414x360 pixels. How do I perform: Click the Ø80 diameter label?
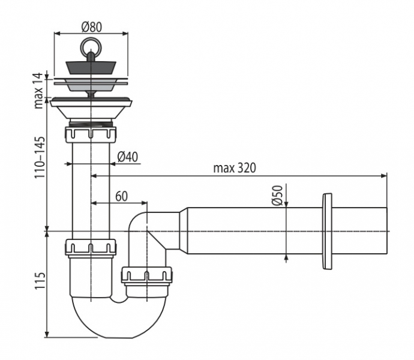tap(91, 27)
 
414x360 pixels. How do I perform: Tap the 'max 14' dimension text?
tap(38, 91)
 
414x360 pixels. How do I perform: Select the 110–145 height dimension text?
tap(40, 157)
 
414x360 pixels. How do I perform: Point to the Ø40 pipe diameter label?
tap(128, 157)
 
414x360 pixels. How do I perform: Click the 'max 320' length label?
tap(235, 168)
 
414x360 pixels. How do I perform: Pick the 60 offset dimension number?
tap(121, 196)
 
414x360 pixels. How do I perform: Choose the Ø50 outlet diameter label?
tap(277, 196)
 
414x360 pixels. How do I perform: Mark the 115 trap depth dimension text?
tap(40, 280)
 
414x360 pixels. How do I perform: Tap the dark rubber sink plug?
tap(91, 68)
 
